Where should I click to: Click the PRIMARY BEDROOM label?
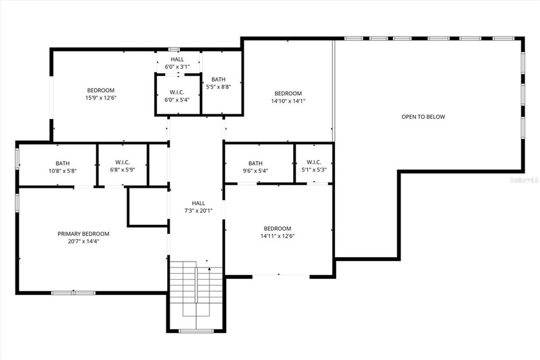[84, 234]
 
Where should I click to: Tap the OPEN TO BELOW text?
[423, 117]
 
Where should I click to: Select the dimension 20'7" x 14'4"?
[84, 242]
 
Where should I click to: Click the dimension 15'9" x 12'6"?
[101, 98]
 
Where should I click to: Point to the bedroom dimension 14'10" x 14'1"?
[287, 101]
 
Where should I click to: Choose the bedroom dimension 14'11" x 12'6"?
[277, 236]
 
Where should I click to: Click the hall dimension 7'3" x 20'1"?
[198, 210]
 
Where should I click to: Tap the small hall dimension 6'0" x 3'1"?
[177, 66]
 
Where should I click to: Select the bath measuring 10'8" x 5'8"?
[62, 167]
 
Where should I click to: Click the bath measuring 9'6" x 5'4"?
[255, 167]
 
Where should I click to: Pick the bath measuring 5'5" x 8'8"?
[219, 84]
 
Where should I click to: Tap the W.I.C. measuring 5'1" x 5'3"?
[314, 166]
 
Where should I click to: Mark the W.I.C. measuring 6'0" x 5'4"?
[177, 96]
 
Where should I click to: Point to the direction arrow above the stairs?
[207, 261]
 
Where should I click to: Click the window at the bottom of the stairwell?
[195, 330]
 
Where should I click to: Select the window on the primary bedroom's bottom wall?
[72, 292]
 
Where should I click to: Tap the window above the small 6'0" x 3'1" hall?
[174, 49]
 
